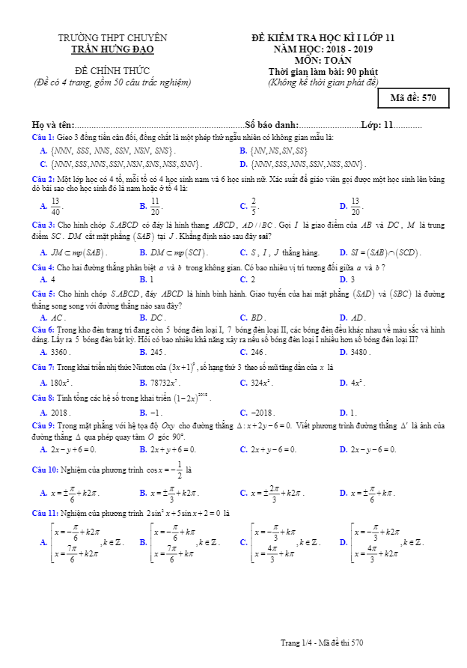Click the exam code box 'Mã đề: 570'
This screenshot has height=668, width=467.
pyautogui.click(x=413, y=98)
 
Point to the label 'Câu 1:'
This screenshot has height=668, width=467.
pyautogui.click(x=43, y=139)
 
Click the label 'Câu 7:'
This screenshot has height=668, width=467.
pyautogui.click(x=43, y=368)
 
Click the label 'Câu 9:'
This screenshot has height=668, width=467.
pyautogui.click(x=43, y=425)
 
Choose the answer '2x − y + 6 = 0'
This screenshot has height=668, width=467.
pyautogui.click(x=73, y=449)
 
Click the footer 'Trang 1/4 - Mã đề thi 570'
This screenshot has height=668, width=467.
pyautogui.click(x=322, y=643)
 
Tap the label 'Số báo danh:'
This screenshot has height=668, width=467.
pyautogui.click(x=271, y=125)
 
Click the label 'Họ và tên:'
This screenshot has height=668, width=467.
pyautogui.click(x=53, y=125)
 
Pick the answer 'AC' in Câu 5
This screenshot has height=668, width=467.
pyautogui.click(x=58, y=317)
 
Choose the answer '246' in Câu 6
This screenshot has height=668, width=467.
pyautogui.click(x=258, y=352)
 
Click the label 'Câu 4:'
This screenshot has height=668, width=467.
pyautogui.click(x=43, y=267)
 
